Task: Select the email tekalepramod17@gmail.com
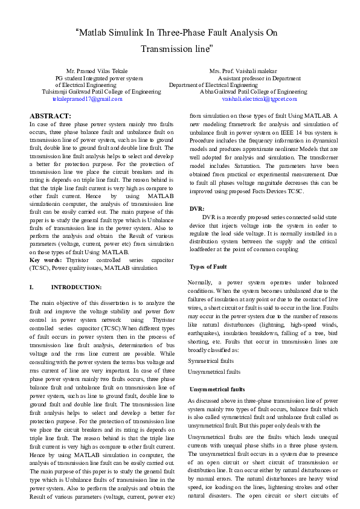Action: coord(88,98)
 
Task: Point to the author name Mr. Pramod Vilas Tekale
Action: coord(97,71)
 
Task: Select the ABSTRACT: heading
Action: coord(50,115)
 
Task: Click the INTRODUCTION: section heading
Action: coord(76,287)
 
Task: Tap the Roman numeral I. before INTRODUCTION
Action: coord(32,287)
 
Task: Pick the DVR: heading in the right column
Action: coord(198,208)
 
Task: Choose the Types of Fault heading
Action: coord(208,266)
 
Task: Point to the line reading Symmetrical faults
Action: coord(211,360)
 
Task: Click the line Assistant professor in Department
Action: coord(259,78)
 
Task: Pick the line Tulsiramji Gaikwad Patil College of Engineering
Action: coord(101,91)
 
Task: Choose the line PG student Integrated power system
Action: coord(99,78)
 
